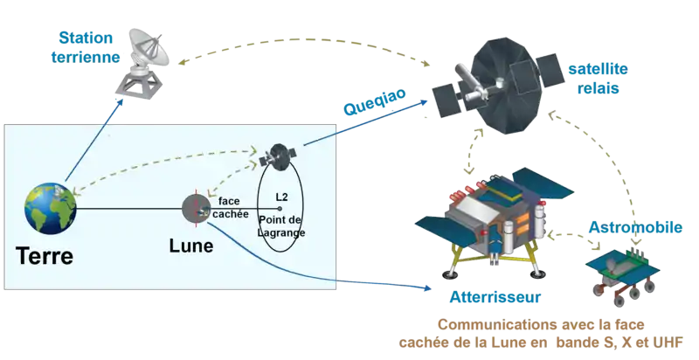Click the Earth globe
tap(51, 207)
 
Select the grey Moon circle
tap(193, 208)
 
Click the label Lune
tap(190, 246)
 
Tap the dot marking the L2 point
tap(280, 208)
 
